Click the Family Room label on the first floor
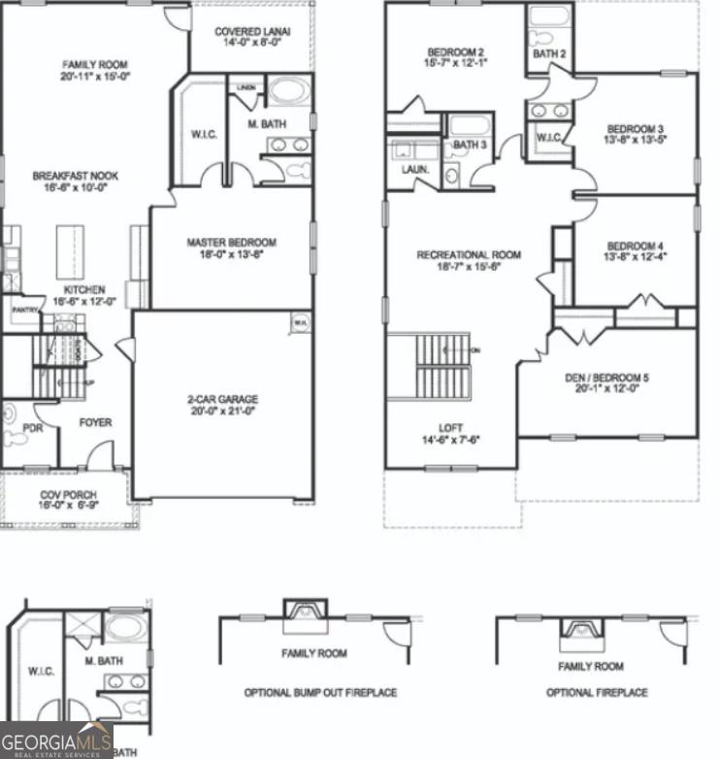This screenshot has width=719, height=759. pos(95,65)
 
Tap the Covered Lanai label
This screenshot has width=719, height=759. pos(252,31)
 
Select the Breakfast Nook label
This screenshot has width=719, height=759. pos(76,176)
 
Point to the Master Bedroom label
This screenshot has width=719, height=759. pos(232,243)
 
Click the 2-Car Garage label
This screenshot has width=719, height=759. pos(223,399)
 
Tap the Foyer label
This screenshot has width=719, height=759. pos(95,423)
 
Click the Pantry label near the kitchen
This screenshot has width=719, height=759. pos(24,310)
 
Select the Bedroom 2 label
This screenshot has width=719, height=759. pos(456,51)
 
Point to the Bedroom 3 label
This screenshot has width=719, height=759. pos(636,129)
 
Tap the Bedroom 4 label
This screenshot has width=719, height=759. pos(636,246)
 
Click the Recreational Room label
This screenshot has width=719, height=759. pos(469,255)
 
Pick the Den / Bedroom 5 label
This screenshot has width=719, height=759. pos(607,378)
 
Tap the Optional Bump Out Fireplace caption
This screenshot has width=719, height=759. pos(320,693)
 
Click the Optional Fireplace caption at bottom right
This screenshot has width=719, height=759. pos(597,693)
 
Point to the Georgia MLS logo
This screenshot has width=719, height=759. pos(56,740)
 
